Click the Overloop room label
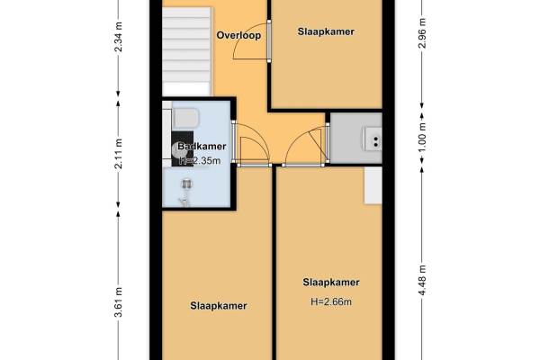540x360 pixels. [x=238, y=35]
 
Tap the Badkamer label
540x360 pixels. [x=202, y=146]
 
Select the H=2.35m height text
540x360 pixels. [x=200, y=160]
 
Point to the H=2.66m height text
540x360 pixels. [x=331, y=301]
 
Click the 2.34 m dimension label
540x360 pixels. [x=119, y=37]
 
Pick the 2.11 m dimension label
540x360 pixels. [x=119, y=154]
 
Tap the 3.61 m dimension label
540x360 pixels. [x=119, y=301]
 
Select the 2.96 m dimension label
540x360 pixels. [x=423, y=33]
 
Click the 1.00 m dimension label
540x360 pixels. [x=423, y=137]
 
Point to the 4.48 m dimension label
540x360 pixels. [x=423, y=280]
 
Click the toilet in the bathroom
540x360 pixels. [x=186, y=118]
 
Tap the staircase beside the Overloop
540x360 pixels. [x=186, y=51]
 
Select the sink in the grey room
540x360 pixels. [x=373, y=139]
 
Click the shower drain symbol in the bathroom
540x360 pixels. [x=186, y=184]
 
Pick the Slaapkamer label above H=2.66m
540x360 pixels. [x=331, y=282]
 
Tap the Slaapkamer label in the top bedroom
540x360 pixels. [x=326, y=31]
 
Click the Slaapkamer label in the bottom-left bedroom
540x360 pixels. [x=219, y=306]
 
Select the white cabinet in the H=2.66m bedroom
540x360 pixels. [x=373, y=185]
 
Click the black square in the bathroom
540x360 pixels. [x=183, y=148]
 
